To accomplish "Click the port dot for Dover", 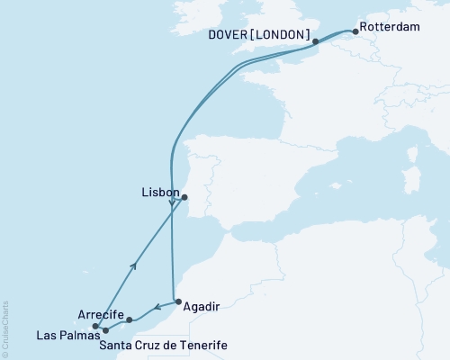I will [315, 41].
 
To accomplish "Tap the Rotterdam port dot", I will [355, 33].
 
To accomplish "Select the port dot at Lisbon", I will [184, 197].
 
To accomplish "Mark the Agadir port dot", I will [177, 302].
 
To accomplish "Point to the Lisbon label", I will [158, 192].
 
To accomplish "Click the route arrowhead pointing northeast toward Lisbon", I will [134, 265].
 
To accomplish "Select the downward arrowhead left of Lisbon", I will [171, 202].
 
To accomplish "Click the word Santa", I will [115, 346].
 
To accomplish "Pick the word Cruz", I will [148, 346].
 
